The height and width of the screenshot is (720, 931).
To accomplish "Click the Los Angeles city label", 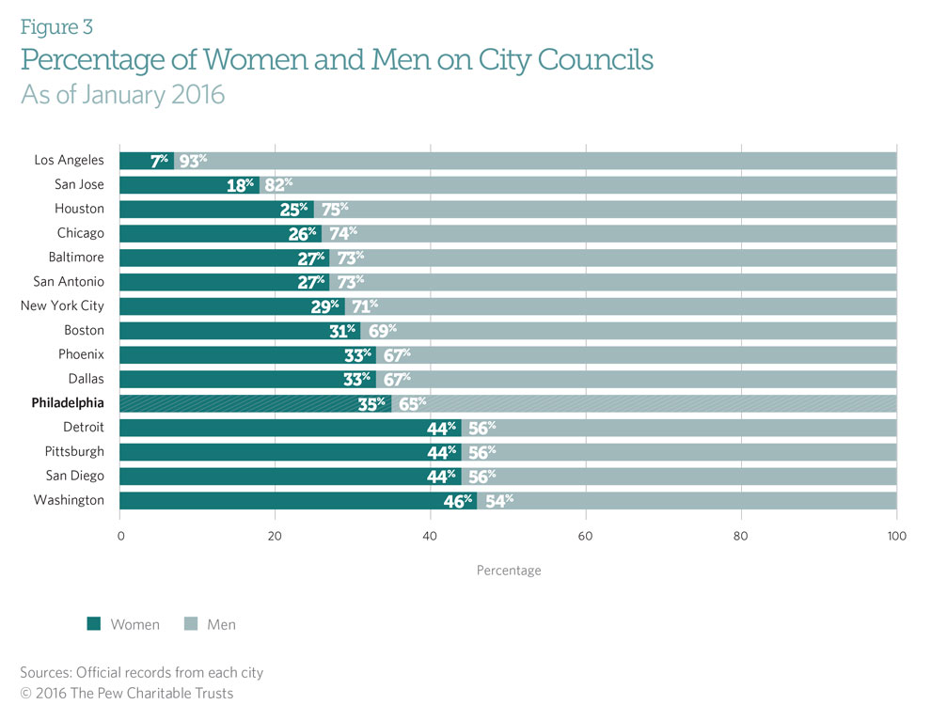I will [x=70, y=160].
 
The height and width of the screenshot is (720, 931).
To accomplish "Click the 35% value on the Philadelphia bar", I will [x=374, y=402].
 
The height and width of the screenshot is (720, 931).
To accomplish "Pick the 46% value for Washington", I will [x=459, y=500].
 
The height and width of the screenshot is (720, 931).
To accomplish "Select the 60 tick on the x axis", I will [x=586, y=537].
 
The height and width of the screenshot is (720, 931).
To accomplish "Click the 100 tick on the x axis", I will [x=896, y=537].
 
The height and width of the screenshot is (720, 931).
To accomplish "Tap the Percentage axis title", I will [x=509, y=571].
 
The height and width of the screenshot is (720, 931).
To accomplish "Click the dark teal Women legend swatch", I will [x=93, y=624].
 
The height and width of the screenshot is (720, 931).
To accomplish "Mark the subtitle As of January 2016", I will [x=122, y=95].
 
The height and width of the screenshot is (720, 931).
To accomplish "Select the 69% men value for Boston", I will [x=380, y=330].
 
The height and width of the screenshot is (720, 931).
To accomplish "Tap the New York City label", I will [x=62, y=305].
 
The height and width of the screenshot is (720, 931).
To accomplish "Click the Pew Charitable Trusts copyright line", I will [x=127, y=694].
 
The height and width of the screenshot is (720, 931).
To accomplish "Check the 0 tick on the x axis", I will [x=120, y=537].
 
